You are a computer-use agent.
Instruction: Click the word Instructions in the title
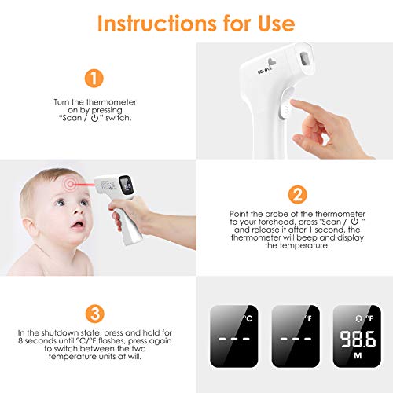tap(156, 24)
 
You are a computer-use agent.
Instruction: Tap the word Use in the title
tap(277, 24)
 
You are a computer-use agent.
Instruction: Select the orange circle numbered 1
tap(94, 78)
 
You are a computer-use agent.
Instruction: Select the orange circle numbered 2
tap(297, 195)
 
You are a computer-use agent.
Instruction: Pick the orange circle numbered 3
tap(95, 314)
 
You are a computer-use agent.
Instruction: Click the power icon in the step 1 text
tap(94, 119)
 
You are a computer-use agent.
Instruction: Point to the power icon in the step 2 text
tap(354, 222)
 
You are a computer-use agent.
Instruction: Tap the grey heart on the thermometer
tap(272, 62)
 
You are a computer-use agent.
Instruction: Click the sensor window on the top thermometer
tap(304, 59)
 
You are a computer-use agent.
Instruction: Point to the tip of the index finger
tap(293, 101)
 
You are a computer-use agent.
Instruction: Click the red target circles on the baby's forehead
tap(70, 184)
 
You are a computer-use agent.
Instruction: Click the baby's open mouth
tap(78, 225)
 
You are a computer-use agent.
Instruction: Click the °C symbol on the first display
tap(248, 318)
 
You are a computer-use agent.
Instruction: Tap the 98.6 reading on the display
tap(358, 339)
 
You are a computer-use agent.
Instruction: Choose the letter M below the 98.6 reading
tap(358, 356)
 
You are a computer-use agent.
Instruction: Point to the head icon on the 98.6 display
tap(358, 318)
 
